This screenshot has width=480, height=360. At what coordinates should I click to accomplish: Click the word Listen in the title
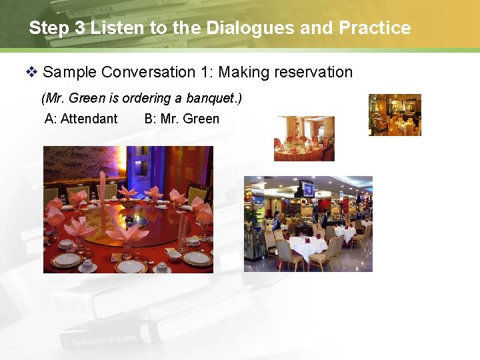(113, 28)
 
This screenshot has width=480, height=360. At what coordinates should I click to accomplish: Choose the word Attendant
(89, 119)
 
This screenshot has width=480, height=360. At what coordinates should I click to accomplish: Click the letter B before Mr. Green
(148, 119)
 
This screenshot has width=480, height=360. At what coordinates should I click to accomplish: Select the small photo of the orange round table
(304, 139)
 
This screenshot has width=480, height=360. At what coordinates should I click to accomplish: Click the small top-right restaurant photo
(395, 115)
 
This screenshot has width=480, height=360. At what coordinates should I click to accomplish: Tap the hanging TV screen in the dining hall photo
(307, 189)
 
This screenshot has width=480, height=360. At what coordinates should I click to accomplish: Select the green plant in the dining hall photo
(251, 217)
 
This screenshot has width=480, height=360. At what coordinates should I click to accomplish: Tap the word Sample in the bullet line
(69, 72)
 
